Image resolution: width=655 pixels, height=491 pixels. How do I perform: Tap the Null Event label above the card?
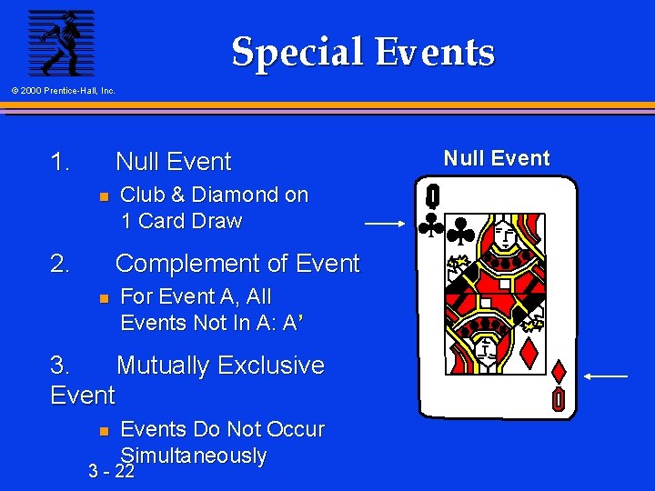click(497, 158)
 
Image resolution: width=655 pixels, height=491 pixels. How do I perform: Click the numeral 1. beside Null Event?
click(61, 162)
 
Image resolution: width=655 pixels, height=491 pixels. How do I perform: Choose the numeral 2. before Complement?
click(61, 264)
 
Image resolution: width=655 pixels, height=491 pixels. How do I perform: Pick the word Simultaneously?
click(194, 455)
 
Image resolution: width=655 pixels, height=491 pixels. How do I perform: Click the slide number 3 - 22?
click(112, 471)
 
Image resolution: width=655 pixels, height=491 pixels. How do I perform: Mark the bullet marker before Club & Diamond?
click(104, 195)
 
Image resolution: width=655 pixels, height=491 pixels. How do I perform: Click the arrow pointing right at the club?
click(384, 222)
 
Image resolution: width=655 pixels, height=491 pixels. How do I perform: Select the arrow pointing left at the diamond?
click(606, 376)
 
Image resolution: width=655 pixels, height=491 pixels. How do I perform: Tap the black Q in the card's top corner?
click(433, 195)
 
